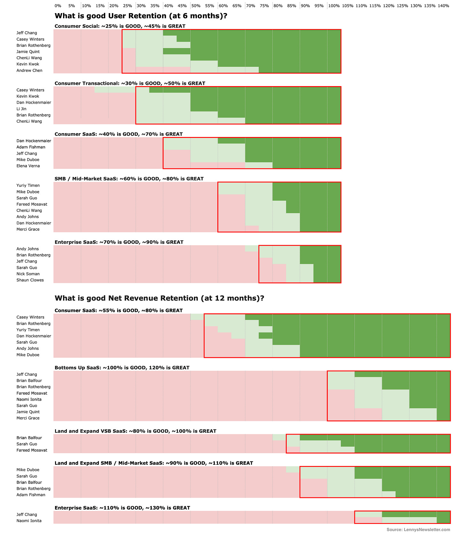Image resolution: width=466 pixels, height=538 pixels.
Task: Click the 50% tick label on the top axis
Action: tap(196, 6)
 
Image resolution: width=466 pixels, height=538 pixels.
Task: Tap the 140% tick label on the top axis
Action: tap(443, 6)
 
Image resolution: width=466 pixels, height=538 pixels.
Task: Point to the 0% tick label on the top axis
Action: tap(58, 6)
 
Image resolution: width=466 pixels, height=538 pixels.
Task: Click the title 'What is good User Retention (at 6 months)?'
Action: tap(141, 16)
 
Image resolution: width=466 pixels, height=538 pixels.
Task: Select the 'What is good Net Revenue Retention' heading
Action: tap(159, 298)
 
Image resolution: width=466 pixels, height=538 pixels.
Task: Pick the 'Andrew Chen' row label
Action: tap(29, 70)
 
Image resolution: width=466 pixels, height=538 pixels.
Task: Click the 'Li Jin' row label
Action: tap(21, 109)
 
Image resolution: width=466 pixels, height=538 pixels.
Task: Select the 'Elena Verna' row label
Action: tap(28, 166)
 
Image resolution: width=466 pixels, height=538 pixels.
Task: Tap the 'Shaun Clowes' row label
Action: tap(30, 280)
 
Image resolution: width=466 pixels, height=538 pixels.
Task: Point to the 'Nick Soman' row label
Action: tap(28, 274)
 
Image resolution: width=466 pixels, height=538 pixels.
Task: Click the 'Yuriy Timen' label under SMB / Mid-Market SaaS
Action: tap(28, 185)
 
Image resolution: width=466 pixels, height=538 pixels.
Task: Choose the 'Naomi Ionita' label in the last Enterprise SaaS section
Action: tap(29, 521)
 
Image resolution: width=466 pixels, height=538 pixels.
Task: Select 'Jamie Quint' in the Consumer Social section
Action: tap(28, 52)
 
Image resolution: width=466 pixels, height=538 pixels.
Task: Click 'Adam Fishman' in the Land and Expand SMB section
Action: tap(31, 495)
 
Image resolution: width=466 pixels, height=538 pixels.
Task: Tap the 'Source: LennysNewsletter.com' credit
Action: tap(418, 530)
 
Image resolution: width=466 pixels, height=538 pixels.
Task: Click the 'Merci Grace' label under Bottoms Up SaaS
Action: tap(28, 418)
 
